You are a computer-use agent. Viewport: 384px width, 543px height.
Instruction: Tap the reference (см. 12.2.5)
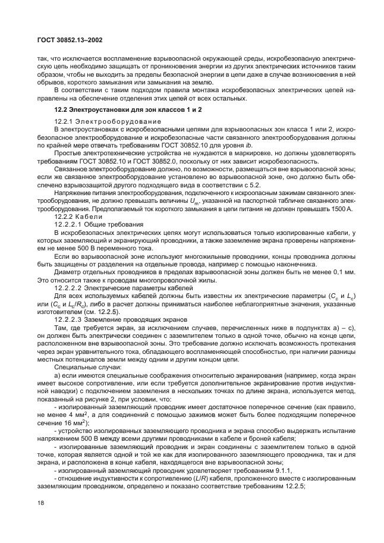coord(121,311)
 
